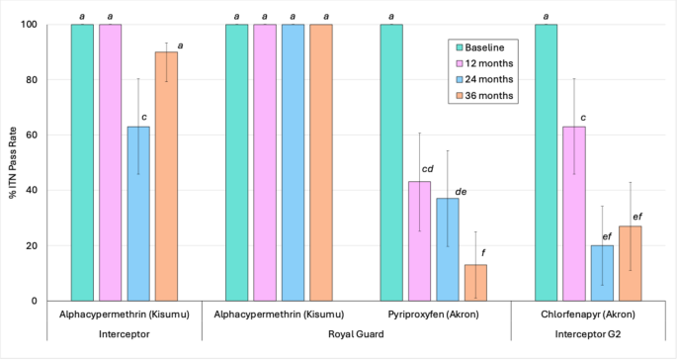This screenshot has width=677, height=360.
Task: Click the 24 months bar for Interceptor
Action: point(137,213)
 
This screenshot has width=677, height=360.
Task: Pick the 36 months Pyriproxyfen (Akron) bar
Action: point(475,282)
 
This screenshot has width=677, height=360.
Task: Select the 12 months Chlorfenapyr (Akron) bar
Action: point(573,213)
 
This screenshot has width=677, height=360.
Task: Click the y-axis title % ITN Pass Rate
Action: point(13,163)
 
